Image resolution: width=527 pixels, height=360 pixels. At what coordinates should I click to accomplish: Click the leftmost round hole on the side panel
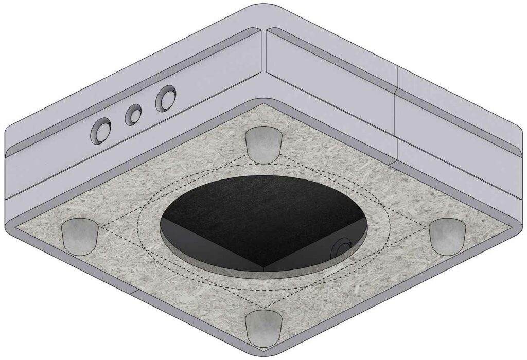pyautogui.click(x=101, y=131)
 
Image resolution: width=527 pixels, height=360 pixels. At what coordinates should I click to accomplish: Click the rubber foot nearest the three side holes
pyautogui.click(x=262, y=144)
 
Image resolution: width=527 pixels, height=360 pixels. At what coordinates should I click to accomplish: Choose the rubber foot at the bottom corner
pyautogui.click(x=263, y=329)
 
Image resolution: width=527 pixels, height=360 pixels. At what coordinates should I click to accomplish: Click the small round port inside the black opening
pyautogui.click(x=340, y=249)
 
